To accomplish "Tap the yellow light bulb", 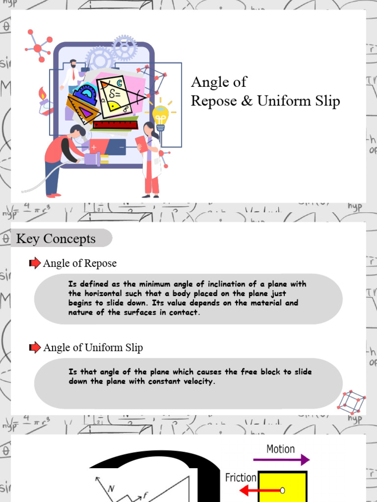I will pos(160,116).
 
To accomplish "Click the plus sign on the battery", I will pos(94,147).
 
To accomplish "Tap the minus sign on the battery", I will pos(121,147).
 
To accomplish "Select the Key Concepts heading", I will pos(56,239).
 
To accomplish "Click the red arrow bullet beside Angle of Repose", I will pos(35,263).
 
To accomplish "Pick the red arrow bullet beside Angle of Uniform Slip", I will pos(35,348).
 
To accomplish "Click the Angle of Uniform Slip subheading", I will pos(93,348).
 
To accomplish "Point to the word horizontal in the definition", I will pos(103,294).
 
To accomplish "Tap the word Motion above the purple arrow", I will pos(280,449).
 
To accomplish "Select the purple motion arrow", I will pos(281,460).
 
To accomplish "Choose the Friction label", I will pos(241,477).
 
